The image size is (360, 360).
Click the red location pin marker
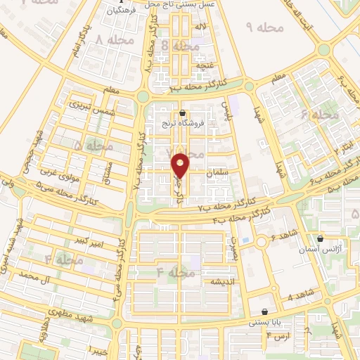181,165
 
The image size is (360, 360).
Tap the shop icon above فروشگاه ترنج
183,113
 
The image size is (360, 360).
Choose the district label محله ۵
93,146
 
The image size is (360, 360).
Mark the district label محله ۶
320,114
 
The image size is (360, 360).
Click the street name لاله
201,27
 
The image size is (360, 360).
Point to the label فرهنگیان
121,11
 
